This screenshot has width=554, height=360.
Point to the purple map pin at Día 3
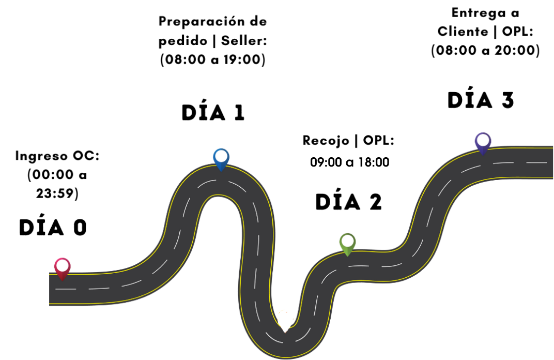pos(483,142)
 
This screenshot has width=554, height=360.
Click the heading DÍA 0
pos(53,228)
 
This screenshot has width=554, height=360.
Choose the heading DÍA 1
pos(213,113)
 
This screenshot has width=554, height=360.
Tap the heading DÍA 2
pos(349,202)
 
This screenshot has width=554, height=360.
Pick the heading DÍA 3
pos(481,100)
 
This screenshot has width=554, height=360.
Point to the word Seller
pos(244,41)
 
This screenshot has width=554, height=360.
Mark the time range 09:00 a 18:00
pos(349,162)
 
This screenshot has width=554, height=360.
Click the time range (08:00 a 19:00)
pos(213,60)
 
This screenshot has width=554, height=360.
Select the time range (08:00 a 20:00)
pos(486,51)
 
